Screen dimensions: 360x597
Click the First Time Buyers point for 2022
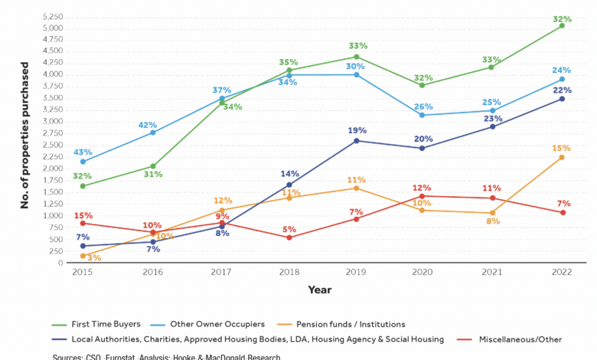tap(562, 25)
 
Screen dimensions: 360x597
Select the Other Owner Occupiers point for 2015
tap(83, 162)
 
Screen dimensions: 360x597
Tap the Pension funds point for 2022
tap(562, 157)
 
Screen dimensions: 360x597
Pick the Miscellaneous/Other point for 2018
tap(289, 237)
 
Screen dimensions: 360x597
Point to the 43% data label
tap(83, 152)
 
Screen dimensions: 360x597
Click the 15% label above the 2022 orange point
tap(562, 148)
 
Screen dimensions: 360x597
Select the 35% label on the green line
tap(289, 62)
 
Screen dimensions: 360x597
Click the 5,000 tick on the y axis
tap(52, 28)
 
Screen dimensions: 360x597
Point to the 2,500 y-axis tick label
tap(52, 146)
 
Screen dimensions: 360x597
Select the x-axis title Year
tap(319, 290)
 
